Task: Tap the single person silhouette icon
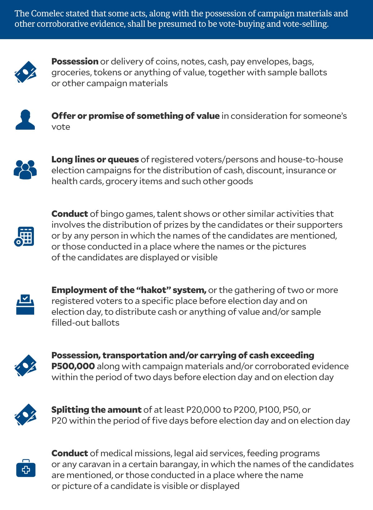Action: coord(25,120)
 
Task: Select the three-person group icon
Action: coord(25,170)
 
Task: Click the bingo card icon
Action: coord(24,237)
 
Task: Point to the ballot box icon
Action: coord(25,305)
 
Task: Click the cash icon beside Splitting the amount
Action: coord(25,415)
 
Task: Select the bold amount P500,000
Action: coord(73,366)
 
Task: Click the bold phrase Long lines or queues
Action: coord(95,160)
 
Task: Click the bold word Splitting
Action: coord(70,410)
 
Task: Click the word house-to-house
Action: coord(310,160)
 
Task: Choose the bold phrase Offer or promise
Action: coord(87,116)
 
